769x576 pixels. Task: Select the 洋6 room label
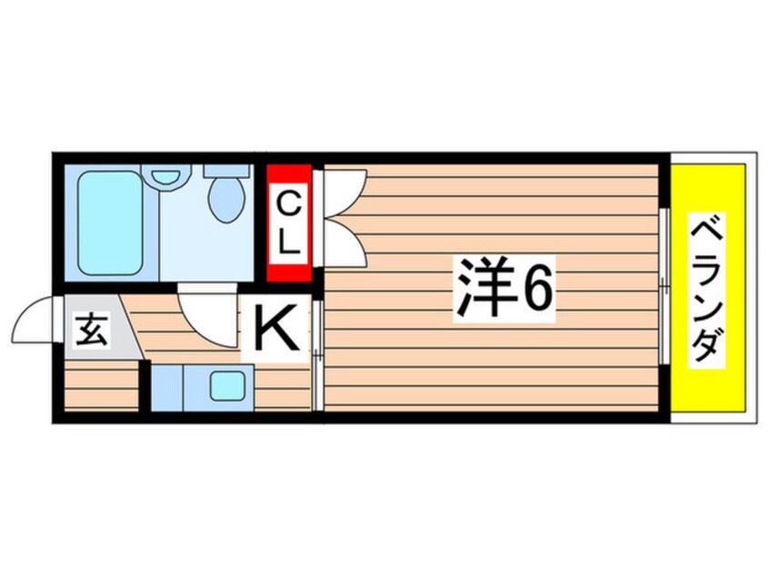[x=503, y=289]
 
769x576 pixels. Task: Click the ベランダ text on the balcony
[x=708, y=289]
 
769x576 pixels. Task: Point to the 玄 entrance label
[x=90, y=328]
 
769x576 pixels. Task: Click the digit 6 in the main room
[x=536, y=289]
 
